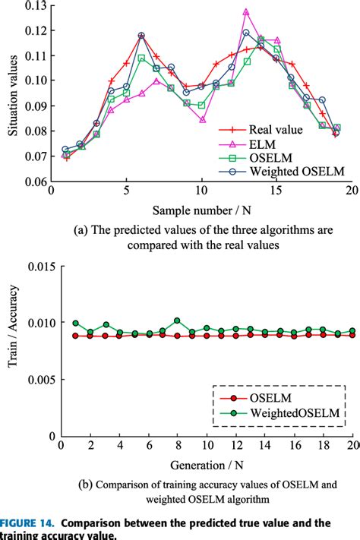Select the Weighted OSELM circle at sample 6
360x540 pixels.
point(141,36)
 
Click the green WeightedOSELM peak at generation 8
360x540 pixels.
point(177,321)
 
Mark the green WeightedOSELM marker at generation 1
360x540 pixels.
point(74,324)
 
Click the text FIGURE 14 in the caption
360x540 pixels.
point(28,523)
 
